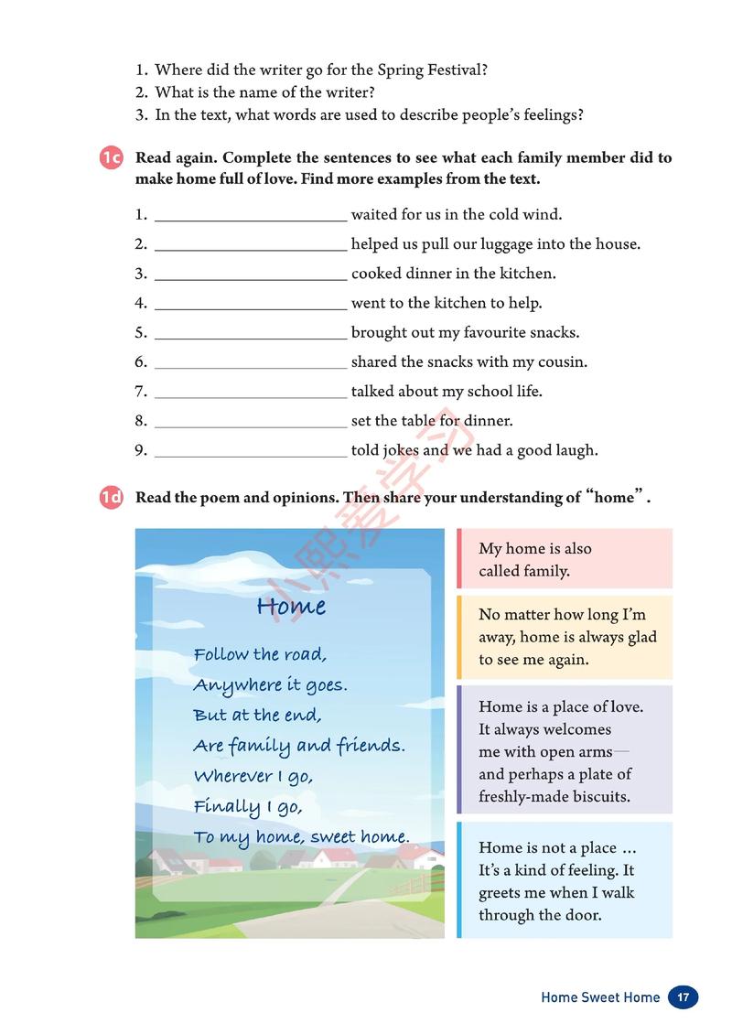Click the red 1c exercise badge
[111, 158]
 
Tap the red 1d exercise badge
[111, 499]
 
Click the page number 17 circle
[683, 996]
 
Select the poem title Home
[291, 606]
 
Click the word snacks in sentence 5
[554, 332]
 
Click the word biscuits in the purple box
[599, 796]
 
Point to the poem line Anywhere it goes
[270, 684]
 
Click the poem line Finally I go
[247, 806]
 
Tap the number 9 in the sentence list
[140, 450]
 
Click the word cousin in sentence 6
[564, 361]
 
